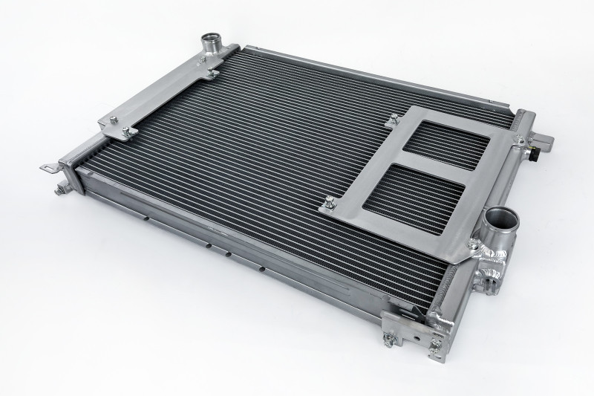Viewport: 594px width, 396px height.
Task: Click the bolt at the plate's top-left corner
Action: click(390, 117)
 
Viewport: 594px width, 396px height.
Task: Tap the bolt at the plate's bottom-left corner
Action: click(327, 201)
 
